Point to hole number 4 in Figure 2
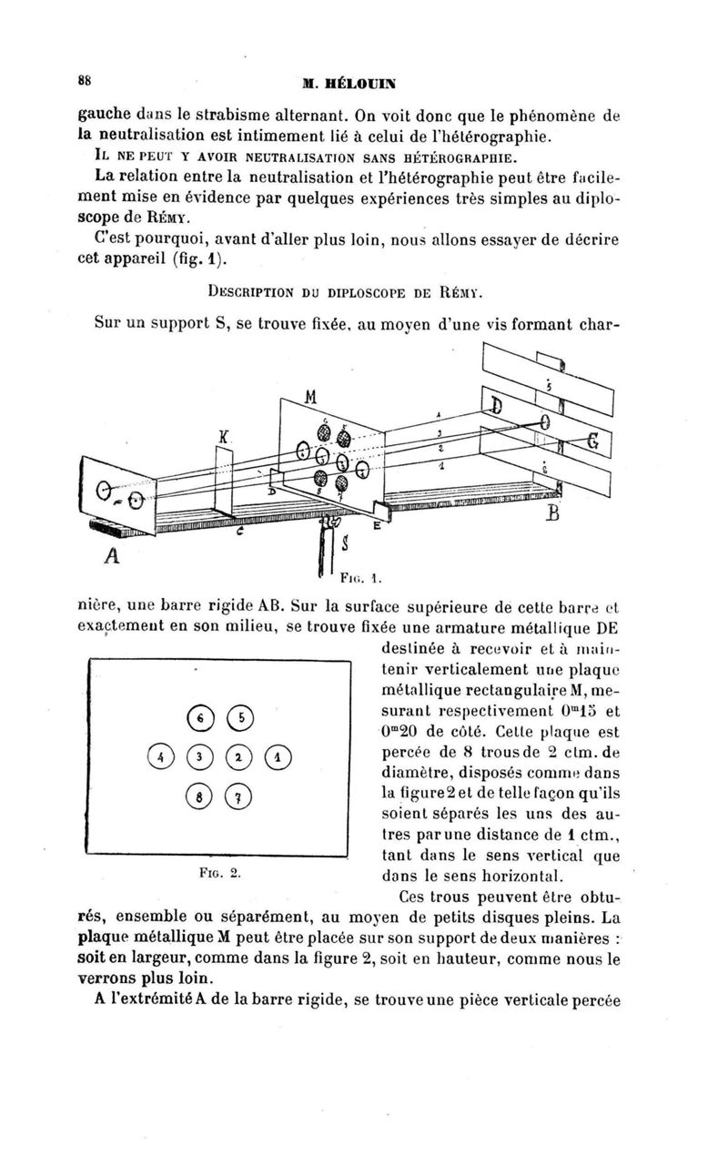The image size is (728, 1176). (159, 755)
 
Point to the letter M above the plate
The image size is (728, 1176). (311, 398)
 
